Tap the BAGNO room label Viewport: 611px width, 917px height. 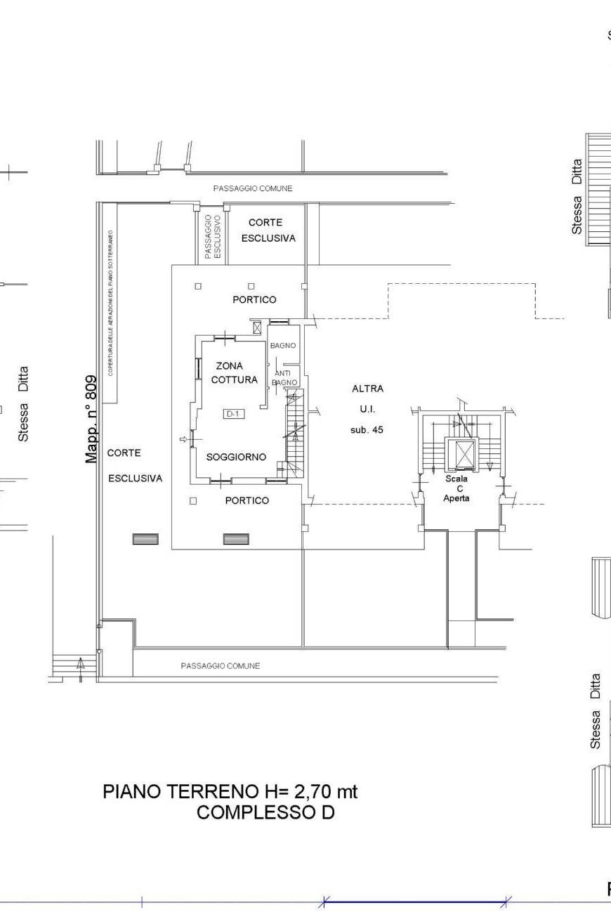[x=283, y=346]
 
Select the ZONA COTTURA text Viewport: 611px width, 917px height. [x=234, y=373]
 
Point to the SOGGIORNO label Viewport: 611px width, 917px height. [x=236, y=457]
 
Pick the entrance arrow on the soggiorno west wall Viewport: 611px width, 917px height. [x=184, y=440]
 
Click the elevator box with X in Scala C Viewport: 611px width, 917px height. [x=465, y=454]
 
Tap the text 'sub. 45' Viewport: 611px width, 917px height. [x=367, y=429]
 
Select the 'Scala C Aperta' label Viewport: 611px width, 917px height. [x=456, y=488]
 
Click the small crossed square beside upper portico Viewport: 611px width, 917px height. [x=257, y=327]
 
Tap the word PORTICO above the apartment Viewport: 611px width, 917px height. [x=254, y=299]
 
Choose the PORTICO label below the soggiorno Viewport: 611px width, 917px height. [x=247, y=500]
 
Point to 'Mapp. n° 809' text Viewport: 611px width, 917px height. [x=91, y=418]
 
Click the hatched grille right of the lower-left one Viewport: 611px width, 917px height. [x=236, y=539]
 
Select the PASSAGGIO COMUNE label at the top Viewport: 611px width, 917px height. [x=253, y=188]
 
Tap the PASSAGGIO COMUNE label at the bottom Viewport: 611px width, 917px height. [x=220, y=665]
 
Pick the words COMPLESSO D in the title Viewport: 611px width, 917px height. [x=265, y=813]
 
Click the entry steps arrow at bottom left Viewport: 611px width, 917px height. [x=81, y=664]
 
